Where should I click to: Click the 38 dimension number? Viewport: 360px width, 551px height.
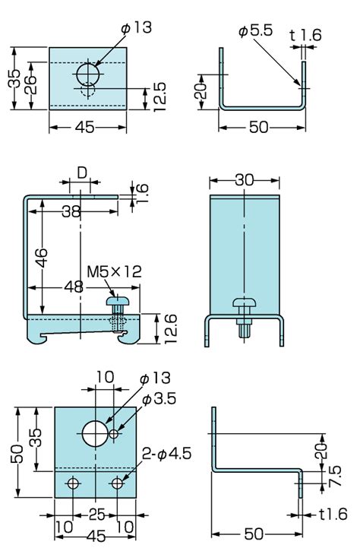[x=71, y=212]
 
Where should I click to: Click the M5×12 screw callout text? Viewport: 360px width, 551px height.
[x=114, y=271]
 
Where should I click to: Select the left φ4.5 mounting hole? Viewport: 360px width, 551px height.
[x=73, y=483]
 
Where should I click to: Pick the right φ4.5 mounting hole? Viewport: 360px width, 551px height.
[x=117, y=483]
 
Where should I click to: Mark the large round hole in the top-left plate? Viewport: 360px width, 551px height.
[x=88, y=74]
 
